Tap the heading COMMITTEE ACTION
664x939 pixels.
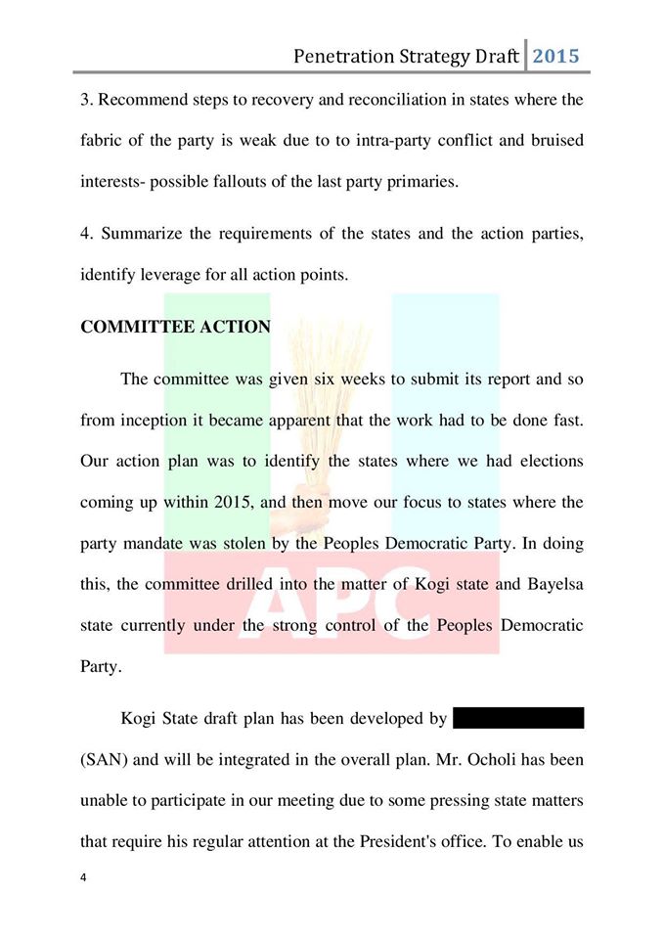coord(175,327)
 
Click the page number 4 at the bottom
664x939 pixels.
coord(84,877)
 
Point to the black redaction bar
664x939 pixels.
coord(518,719)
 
